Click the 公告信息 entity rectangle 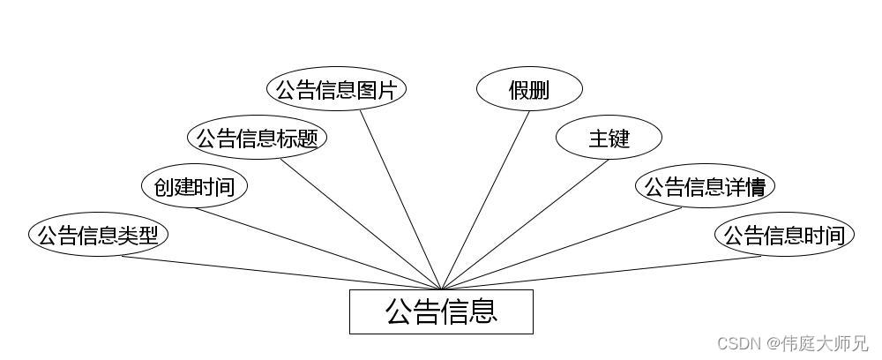click(x=441, y=311)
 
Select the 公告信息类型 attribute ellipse click(x=98, y=236)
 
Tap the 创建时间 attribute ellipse click(x=194, y=187)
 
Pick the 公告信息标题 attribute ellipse click(x=257, y=139)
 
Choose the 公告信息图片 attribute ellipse click(x=336, y=90)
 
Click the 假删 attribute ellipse click(x=529, y=90)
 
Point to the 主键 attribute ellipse click(x=609, y=139)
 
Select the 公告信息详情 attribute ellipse click(x=705, y=187)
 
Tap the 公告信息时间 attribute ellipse click(x=784, y=236)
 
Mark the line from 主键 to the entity click(x=525, y=224)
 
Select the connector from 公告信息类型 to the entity click(x=282, y=273)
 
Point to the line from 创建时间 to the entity click(x=318, y=249)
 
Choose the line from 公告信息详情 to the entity click(x=561, y=249)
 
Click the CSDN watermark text click(x=736, y=343)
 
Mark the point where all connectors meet click(x=441, y=289)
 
